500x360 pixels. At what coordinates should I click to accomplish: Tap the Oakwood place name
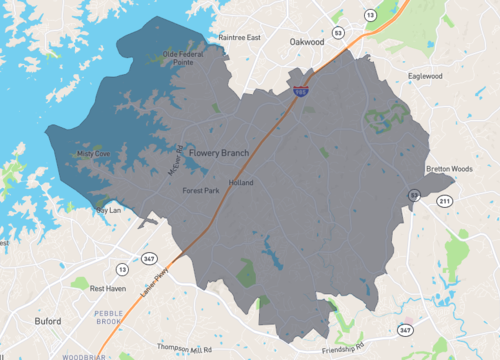tap(307, 42)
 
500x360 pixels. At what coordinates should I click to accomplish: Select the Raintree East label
tap(239, 37)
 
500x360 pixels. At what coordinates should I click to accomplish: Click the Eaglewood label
tap(426, 76)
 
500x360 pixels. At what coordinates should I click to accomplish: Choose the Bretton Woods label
tap(449, 169)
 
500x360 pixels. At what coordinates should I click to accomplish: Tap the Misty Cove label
tap(94, 154)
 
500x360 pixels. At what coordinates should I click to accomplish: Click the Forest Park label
tap(200, 190)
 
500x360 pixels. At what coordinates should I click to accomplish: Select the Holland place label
tap(241, 183)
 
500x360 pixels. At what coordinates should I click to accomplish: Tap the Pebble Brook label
tap(108, 319)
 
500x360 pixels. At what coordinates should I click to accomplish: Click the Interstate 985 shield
tap(300, 91)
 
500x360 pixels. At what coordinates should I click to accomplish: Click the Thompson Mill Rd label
tap(185, 349)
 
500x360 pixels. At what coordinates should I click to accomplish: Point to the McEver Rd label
tap(176, 163)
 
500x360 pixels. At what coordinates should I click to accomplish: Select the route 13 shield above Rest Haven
tap(122, 268)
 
